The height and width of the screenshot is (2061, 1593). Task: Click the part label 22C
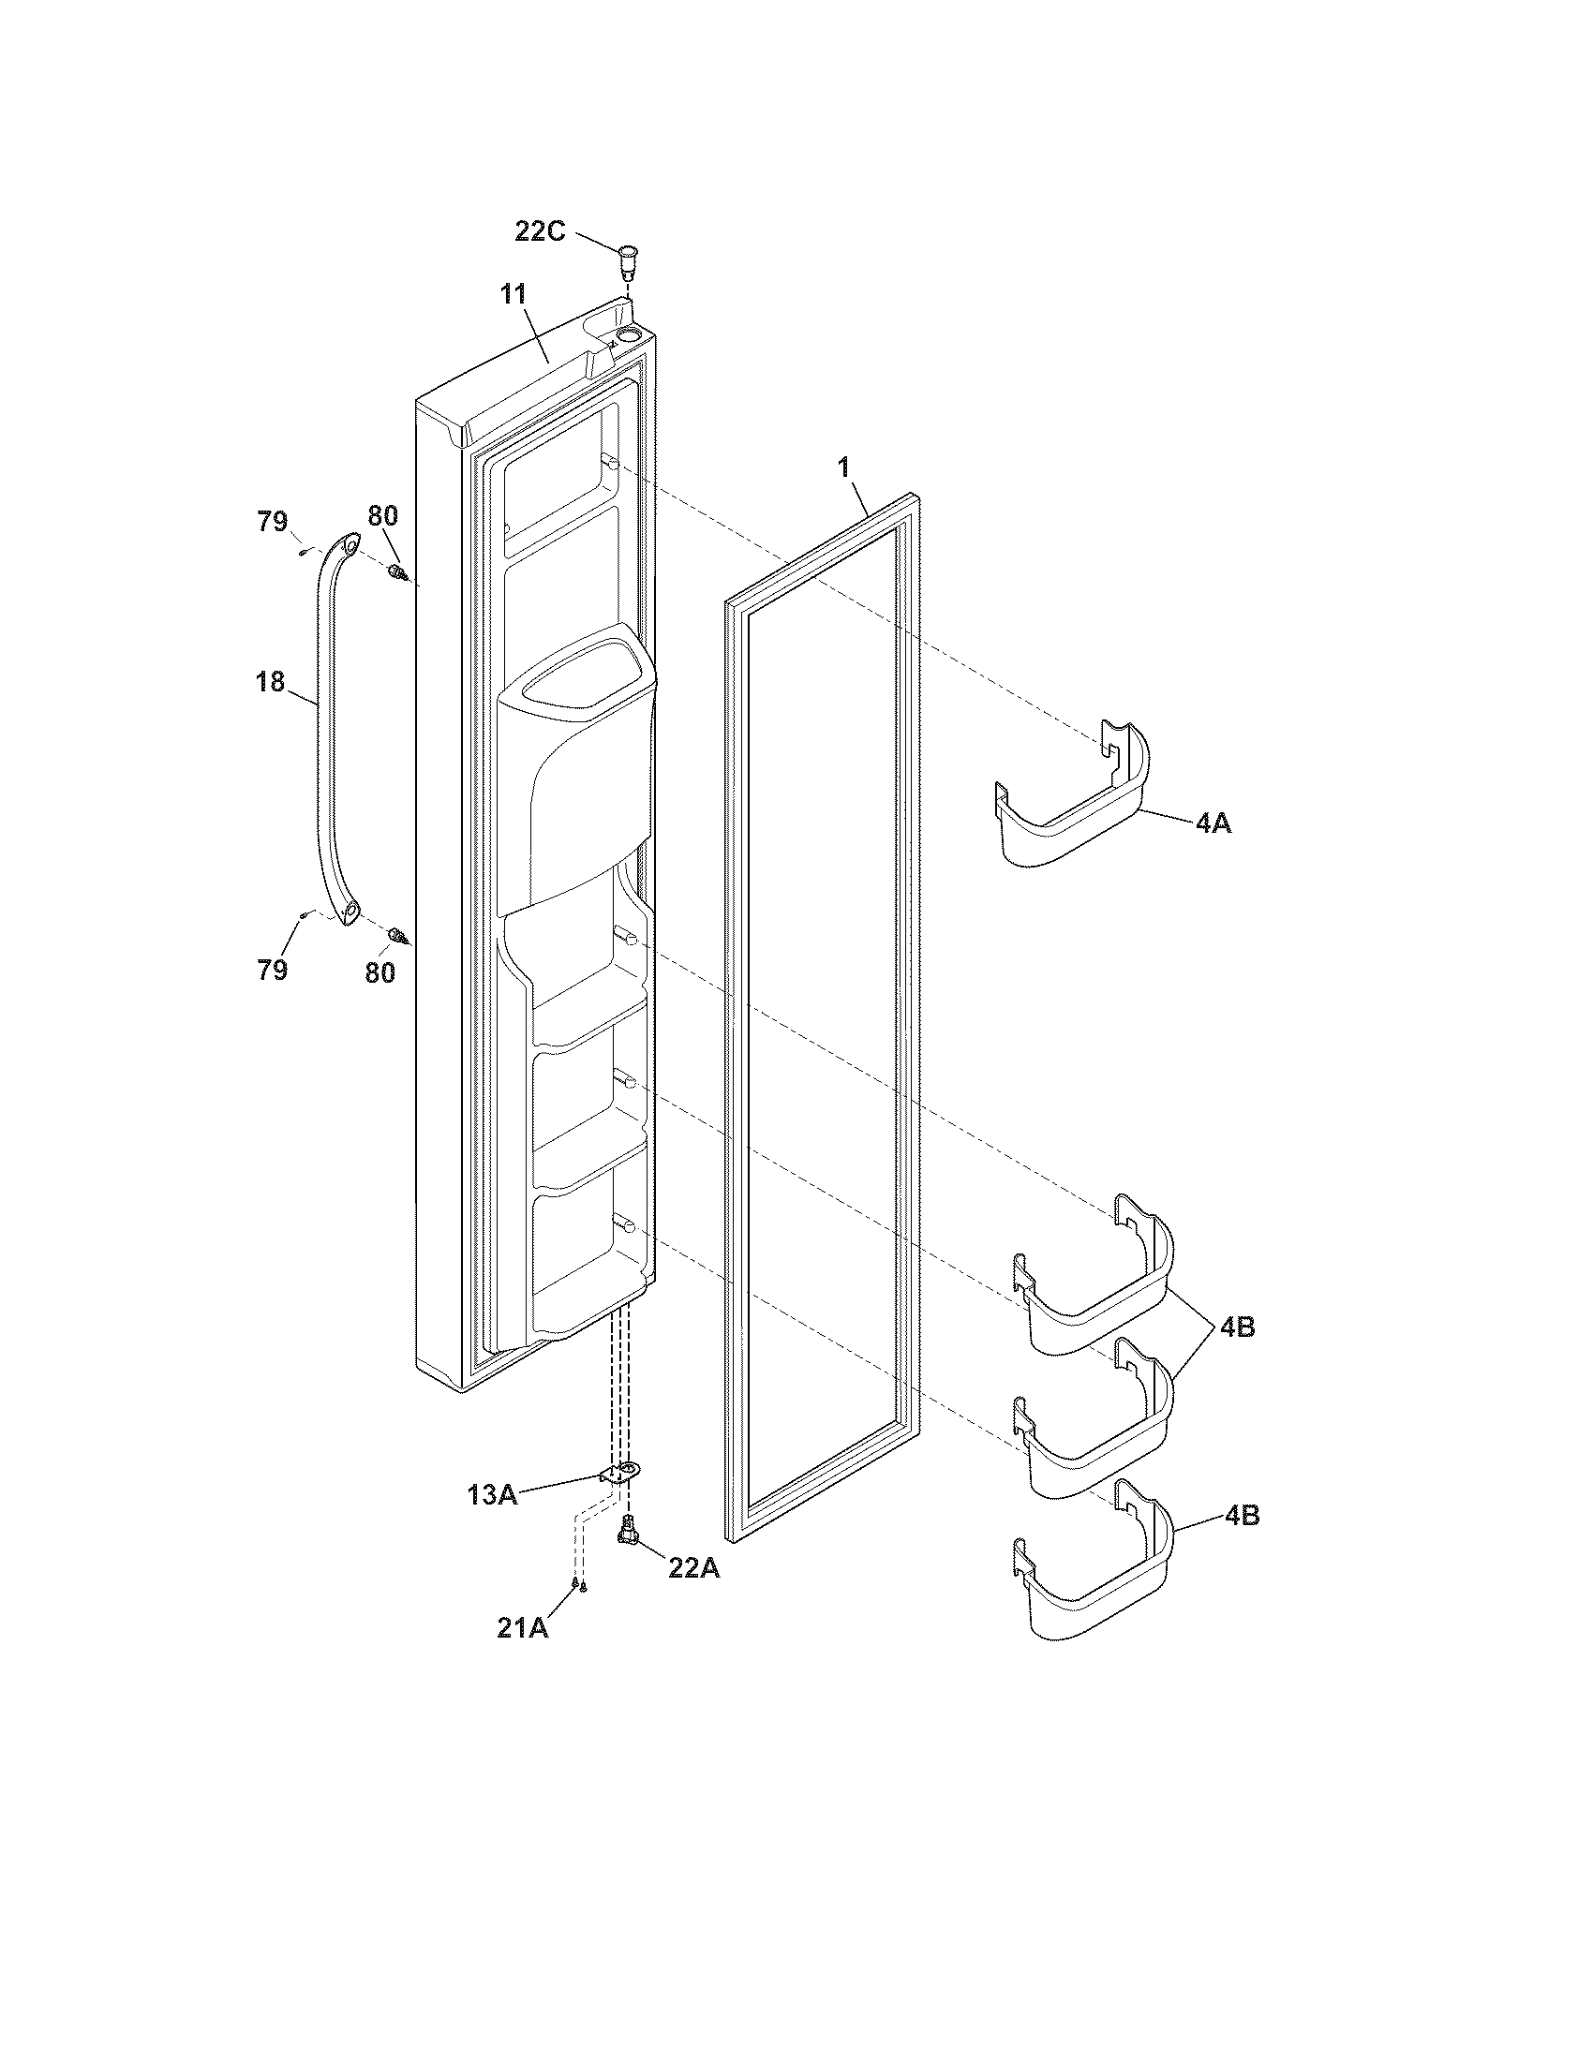(x=539, y=230)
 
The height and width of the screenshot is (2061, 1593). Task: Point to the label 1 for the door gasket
(x=844, y=466)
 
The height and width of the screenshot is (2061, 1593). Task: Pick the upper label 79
(x=272, y=521)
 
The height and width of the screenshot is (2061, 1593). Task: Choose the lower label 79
(x=272, y=970)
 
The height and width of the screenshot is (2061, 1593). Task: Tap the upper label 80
(x=382, y=515)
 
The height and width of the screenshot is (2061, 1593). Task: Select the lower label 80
(x=380, y=972)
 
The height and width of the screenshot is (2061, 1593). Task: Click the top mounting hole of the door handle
(x=350, y=544)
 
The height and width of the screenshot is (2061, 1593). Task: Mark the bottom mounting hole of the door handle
(x=350, y=910)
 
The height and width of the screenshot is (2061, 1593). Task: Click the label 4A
(x=1213, y=823)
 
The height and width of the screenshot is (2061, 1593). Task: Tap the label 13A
(x=491, y=1495)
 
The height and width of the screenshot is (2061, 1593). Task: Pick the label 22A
(x=693, y=1567)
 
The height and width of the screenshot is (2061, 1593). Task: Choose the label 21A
(x=523, y=1627)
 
